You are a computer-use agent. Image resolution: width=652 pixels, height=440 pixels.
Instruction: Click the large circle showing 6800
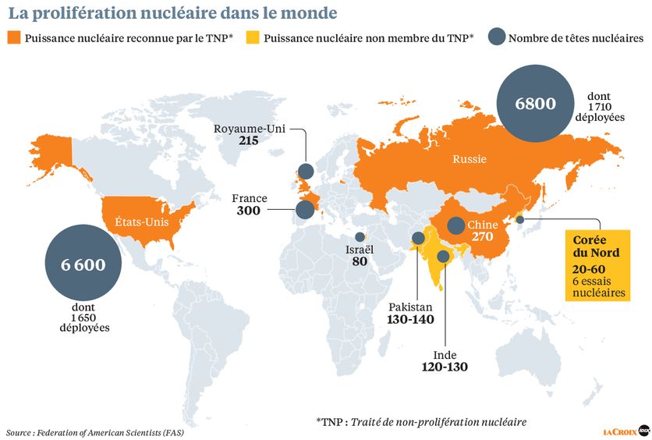click(534, 103)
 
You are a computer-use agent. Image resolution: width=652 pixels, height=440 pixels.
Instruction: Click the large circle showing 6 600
click(82, 264)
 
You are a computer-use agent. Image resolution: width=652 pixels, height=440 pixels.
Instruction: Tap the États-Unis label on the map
click(140, 221)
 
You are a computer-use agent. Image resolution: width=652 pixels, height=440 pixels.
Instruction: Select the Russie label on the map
click(469, 159)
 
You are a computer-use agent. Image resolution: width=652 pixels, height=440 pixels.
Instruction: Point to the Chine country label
click(483, 225)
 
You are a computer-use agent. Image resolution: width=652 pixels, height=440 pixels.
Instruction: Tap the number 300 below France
click(250, 211)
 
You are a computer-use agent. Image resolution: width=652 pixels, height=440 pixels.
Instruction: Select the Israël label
click(360, 250)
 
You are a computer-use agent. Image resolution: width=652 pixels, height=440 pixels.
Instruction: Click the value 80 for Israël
click(360, 263)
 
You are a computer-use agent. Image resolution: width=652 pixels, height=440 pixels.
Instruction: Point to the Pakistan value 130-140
click(410, 319)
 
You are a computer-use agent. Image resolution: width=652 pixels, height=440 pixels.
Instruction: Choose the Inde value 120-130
click(444, 366)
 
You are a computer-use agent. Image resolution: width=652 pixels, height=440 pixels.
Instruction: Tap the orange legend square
click(14, 37)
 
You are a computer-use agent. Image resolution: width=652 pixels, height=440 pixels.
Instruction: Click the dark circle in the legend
click(495, 37)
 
